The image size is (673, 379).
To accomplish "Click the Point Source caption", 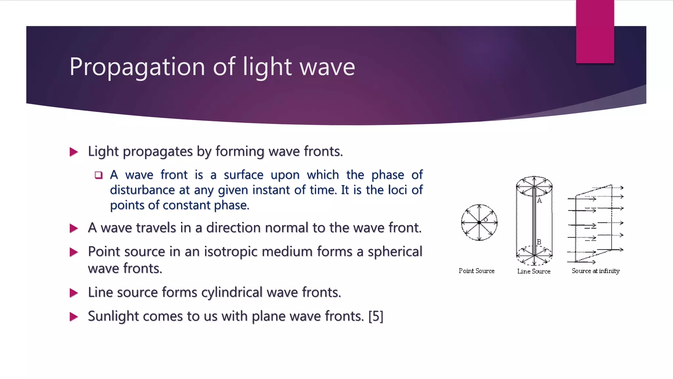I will pyautogui.click(x=476, y=271).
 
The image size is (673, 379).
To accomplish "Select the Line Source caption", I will pyautogui.click(x=534, y=271).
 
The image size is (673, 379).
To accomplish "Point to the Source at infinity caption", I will pyautogui.click(x=595, y=271).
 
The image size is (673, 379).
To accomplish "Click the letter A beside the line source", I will pyautogui.click(x=539, y=201).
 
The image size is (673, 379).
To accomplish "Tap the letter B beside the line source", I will pyautogui.click(x=539, y=242).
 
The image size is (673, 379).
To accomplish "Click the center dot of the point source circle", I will pyautogui.click(x=479, y=223).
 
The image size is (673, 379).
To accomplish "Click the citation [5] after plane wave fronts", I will pyautogui.click(x=376, y=316).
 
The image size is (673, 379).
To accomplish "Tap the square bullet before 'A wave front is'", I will pyautogui.click(x=99, y=175).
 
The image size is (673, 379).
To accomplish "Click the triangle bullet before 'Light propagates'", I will pyautogui.click(x=74, y=152).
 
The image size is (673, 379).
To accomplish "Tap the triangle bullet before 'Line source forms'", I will pyautogui.click(x=74, y=293).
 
